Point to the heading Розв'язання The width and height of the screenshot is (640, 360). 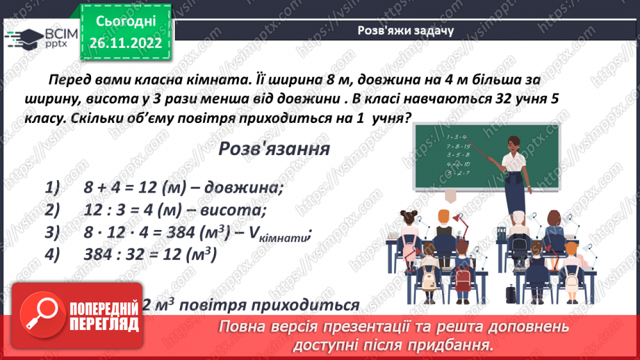tap(274, 149)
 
